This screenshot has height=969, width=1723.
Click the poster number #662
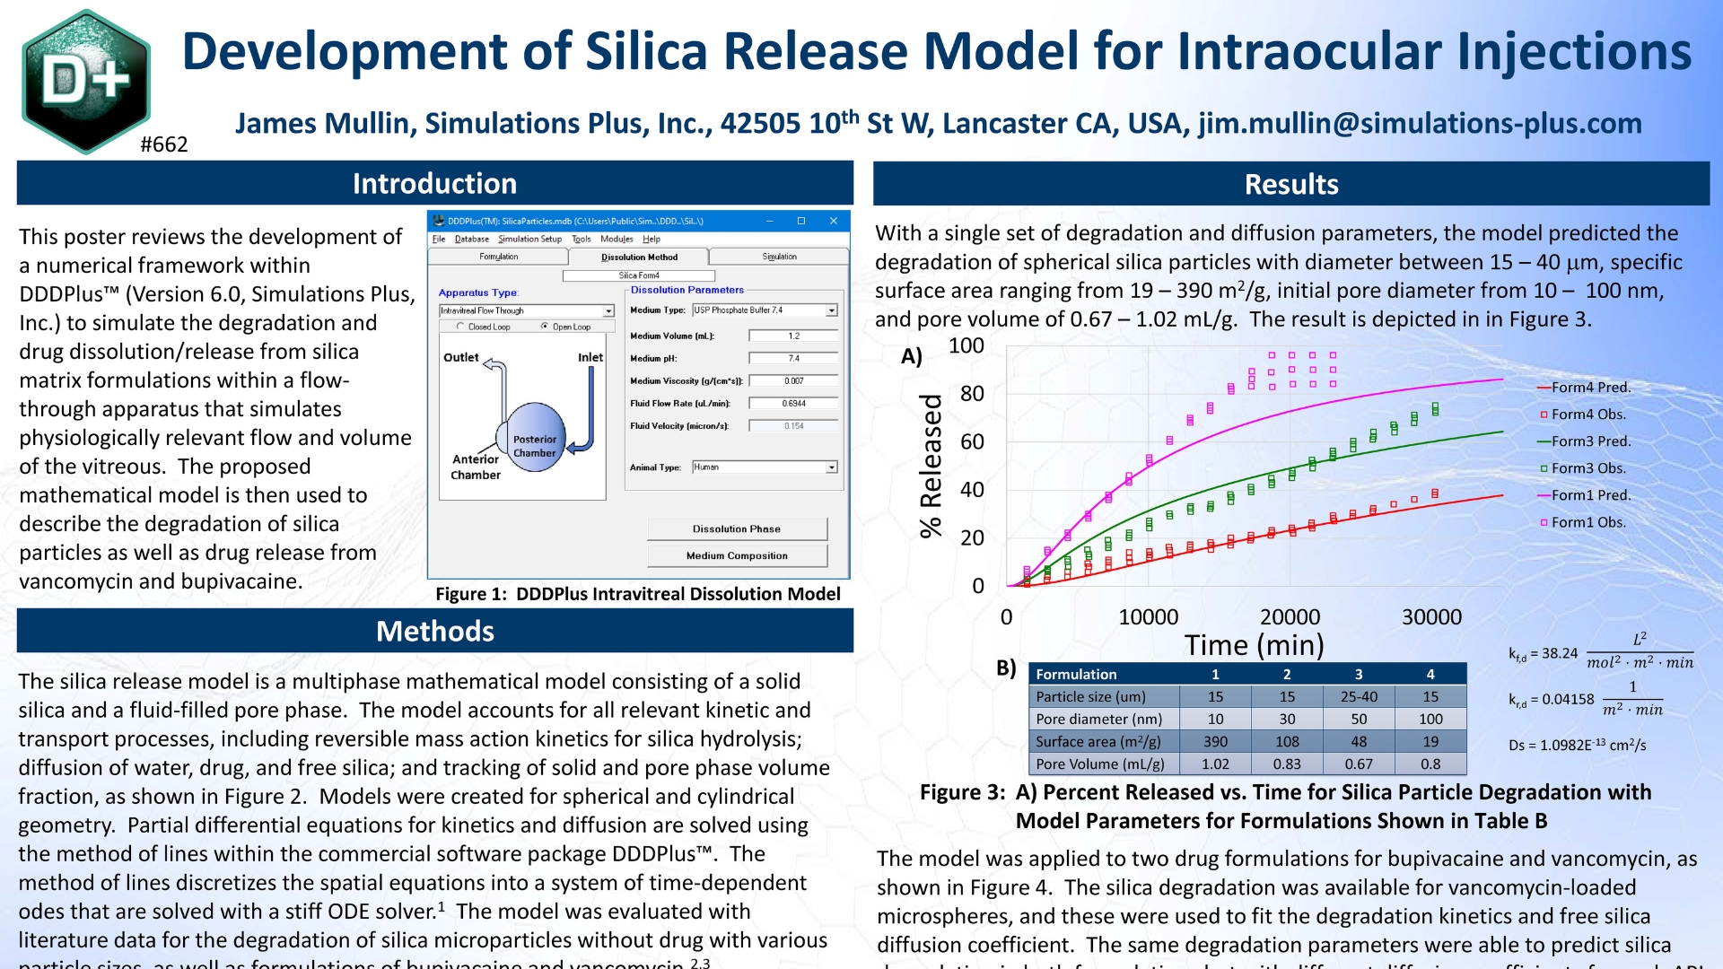(x=164, y=144)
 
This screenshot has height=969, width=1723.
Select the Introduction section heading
(x=434, y=183)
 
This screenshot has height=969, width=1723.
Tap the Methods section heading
(x=434, y=631)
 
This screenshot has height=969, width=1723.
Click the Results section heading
(x=1290, y=184)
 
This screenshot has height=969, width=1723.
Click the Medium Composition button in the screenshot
(x=737, y=555)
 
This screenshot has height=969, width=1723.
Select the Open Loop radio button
(x=546, y=327)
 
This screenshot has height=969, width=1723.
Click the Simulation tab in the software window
(x=779, y=257)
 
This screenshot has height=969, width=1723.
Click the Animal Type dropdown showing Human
(x=765, y=467)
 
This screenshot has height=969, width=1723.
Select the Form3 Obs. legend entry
(x=1587, y=468)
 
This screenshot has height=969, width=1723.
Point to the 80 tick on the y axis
(x=972, y=394)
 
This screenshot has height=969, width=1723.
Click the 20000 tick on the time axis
(x=1290, y=616)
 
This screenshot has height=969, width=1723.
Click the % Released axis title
(x=931, y=466)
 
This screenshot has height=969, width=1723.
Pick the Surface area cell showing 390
(x=1215, y=741)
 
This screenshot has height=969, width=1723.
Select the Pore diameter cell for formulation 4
(x=1430, y=719)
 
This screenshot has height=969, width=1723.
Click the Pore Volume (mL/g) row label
(x=1100, y=764)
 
